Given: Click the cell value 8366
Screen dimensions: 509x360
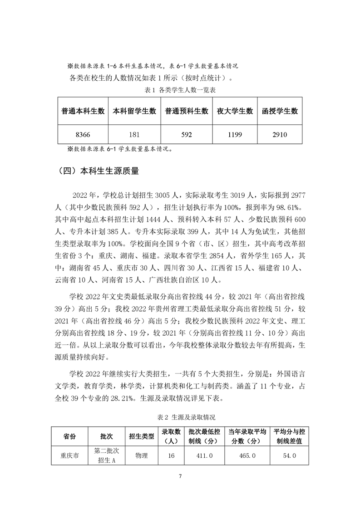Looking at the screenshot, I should pyautogui.click(x=83, y=134).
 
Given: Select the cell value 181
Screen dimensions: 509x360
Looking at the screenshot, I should pyautogui.click(x=134, y=134).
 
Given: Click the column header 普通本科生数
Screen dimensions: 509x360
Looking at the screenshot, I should pyautogui.click(x=83, y=111).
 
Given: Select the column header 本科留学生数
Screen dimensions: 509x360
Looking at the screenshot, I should pyautogui.click(x=134, y=111).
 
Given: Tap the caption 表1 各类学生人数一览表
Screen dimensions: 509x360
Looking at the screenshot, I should pyautogui.click(x=180, y=90).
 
